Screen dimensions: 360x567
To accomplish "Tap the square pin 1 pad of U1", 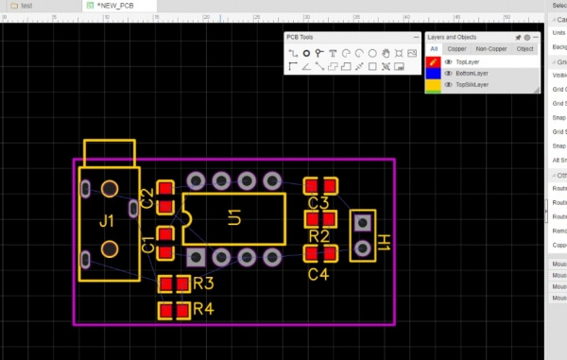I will [196, 256].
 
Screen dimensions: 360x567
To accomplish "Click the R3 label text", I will [203, 283].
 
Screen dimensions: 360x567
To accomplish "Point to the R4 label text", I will [203, 309].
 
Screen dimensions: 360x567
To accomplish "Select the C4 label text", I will [318, 275].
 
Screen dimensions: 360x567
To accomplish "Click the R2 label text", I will [318, 236].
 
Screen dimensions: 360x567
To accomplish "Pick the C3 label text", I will [318, 203].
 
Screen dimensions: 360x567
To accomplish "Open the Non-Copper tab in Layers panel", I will [490, 48].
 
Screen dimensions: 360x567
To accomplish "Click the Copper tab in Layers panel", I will [456, 48].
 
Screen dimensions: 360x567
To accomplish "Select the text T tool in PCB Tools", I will [334, 53].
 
